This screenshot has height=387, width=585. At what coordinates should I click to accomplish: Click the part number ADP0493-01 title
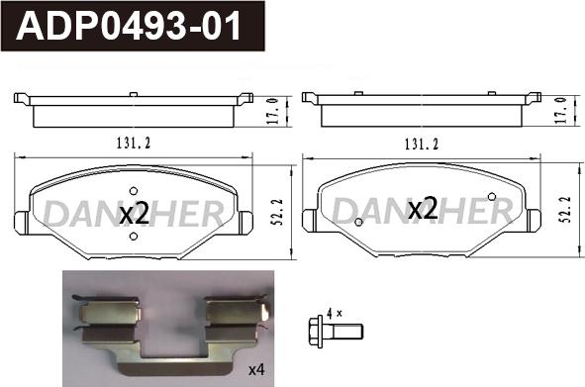point(129,26)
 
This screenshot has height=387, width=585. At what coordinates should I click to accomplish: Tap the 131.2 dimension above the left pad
point(134,144)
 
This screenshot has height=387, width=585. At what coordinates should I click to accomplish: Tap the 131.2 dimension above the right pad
point(422,145)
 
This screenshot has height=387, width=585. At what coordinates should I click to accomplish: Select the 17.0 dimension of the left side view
point(274,111)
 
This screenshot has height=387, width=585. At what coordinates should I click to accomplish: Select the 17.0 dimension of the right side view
point(562,110)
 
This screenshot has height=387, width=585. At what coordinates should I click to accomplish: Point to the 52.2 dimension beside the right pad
point(566,210)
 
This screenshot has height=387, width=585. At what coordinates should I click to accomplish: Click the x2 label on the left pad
point(135,214)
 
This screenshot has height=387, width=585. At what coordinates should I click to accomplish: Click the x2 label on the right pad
point(423,209)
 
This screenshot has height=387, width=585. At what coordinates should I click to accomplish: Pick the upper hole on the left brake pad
point(134,191)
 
